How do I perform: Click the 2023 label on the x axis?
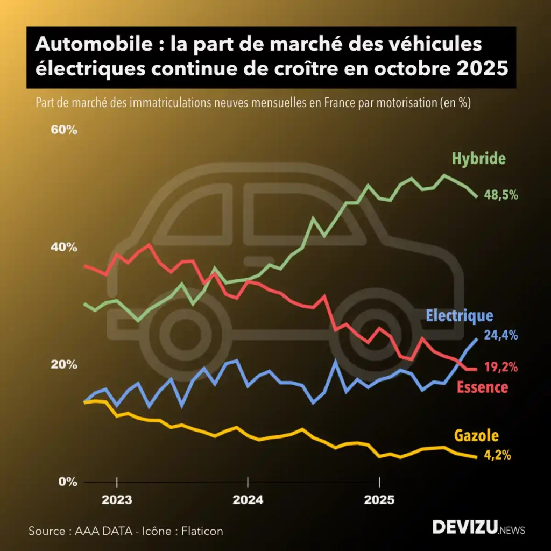pos(117,500)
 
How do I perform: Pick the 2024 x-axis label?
pos(248,500)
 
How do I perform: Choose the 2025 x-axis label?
pos(379,500)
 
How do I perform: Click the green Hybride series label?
pos(478,159)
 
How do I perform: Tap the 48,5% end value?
pos(501,195)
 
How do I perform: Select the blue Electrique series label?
pos(459,316)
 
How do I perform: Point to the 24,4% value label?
pos(501,335)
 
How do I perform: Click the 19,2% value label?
pos(501,368)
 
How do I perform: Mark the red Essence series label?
pos(482,386)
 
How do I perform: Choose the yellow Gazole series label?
pos(476,436)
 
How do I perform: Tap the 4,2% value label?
pos(497,455)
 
